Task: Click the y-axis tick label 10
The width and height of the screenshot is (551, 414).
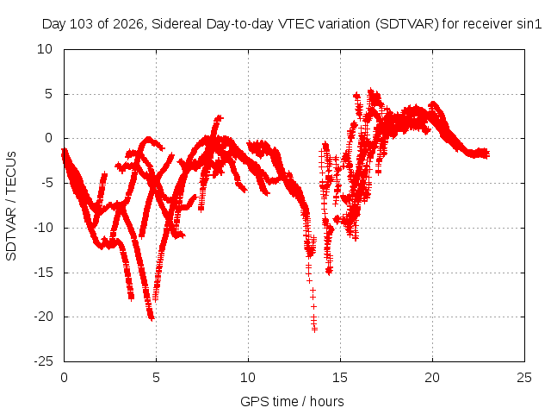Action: coord(45,49)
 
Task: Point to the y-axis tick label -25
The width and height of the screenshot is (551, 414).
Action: coord(44,361)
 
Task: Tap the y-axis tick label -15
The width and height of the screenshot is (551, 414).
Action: coord(44,273)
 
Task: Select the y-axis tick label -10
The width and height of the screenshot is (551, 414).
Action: coord(44,228)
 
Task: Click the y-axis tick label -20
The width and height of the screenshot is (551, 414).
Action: coord(44,317)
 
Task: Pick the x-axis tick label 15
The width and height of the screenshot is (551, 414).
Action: coord(340,378)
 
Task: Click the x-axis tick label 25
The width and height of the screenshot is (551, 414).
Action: coord(524,378)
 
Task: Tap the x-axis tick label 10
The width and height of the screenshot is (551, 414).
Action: coord(248,378)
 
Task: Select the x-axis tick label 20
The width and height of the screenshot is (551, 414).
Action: coord(432,378)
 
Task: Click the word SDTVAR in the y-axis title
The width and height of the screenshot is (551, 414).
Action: coord(11,234)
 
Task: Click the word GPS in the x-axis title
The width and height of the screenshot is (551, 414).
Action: coord(251,402)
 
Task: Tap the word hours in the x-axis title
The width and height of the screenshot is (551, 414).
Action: coord(327,402)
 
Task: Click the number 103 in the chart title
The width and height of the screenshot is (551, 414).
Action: coord(82,24)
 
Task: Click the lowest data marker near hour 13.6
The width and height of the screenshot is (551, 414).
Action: coord(314,329)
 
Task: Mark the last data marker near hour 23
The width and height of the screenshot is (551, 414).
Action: coord(486,154)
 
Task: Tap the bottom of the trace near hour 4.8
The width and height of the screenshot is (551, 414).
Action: coord(152,318)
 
